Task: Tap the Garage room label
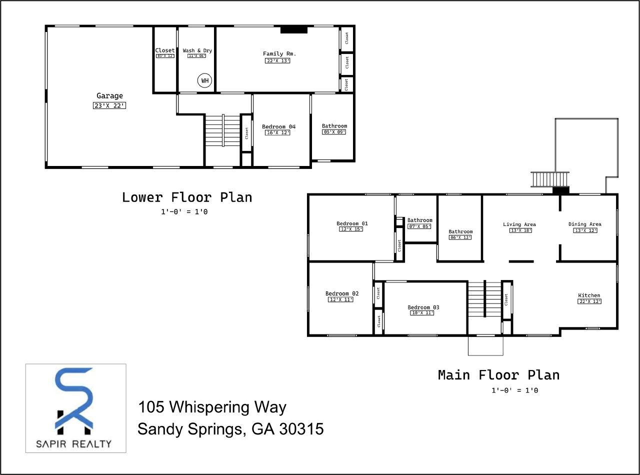point(109,96)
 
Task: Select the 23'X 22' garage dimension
point(109,105)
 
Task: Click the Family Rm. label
point(277,53)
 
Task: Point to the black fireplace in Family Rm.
point(294,30)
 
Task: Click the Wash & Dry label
point(197,50)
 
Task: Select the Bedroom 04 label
point(278,126)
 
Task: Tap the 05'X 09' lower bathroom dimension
point(334,132)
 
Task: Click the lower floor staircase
point(222,130)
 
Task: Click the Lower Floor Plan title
point(187,197)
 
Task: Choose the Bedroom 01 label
point(352,223)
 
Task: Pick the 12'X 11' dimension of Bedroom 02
point(340,299)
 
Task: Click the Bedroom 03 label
point(423,307)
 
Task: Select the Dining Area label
point(584,224)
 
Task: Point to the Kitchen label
point(589,295)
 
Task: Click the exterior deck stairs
point(550,178)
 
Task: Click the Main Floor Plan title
point(498,375)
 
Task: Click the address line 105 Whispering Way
point(212,407)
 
